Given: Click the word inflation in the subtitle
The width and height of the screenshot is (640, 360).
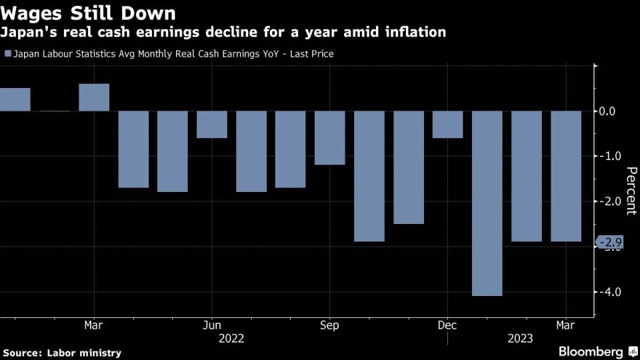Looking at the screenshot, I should coord(414,32).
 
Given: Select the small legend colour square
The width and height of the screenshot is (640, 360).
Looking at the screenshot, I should coord(7,54).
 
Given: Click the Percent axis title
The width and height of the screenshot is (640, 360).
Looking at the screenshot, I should coord(630,191).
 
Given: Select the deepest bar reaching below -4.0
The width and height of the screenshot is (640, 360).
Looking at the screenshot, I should coord(487,203).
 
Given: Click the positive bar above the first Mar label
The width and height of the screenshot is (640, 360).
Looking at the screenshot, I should coord(94,97).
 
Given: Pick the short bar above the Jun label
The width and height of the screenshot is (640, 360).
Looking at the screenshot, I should coord(212,125).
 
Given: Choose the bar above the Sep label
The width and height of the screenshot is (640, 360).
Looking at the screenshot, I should coord(330,138).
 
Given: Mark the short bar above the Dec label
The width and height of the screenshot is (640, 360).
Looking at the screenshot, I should coord(447,125).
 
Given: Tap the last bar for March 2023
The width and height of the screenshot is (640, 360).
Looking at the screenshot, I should coord(566,176).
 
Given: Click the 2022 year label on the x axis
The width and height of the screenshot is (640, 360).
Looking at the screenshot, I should coord(231,339).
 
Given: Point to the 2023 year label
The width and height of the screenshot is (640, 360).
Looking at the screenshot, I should coord(519,339).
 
